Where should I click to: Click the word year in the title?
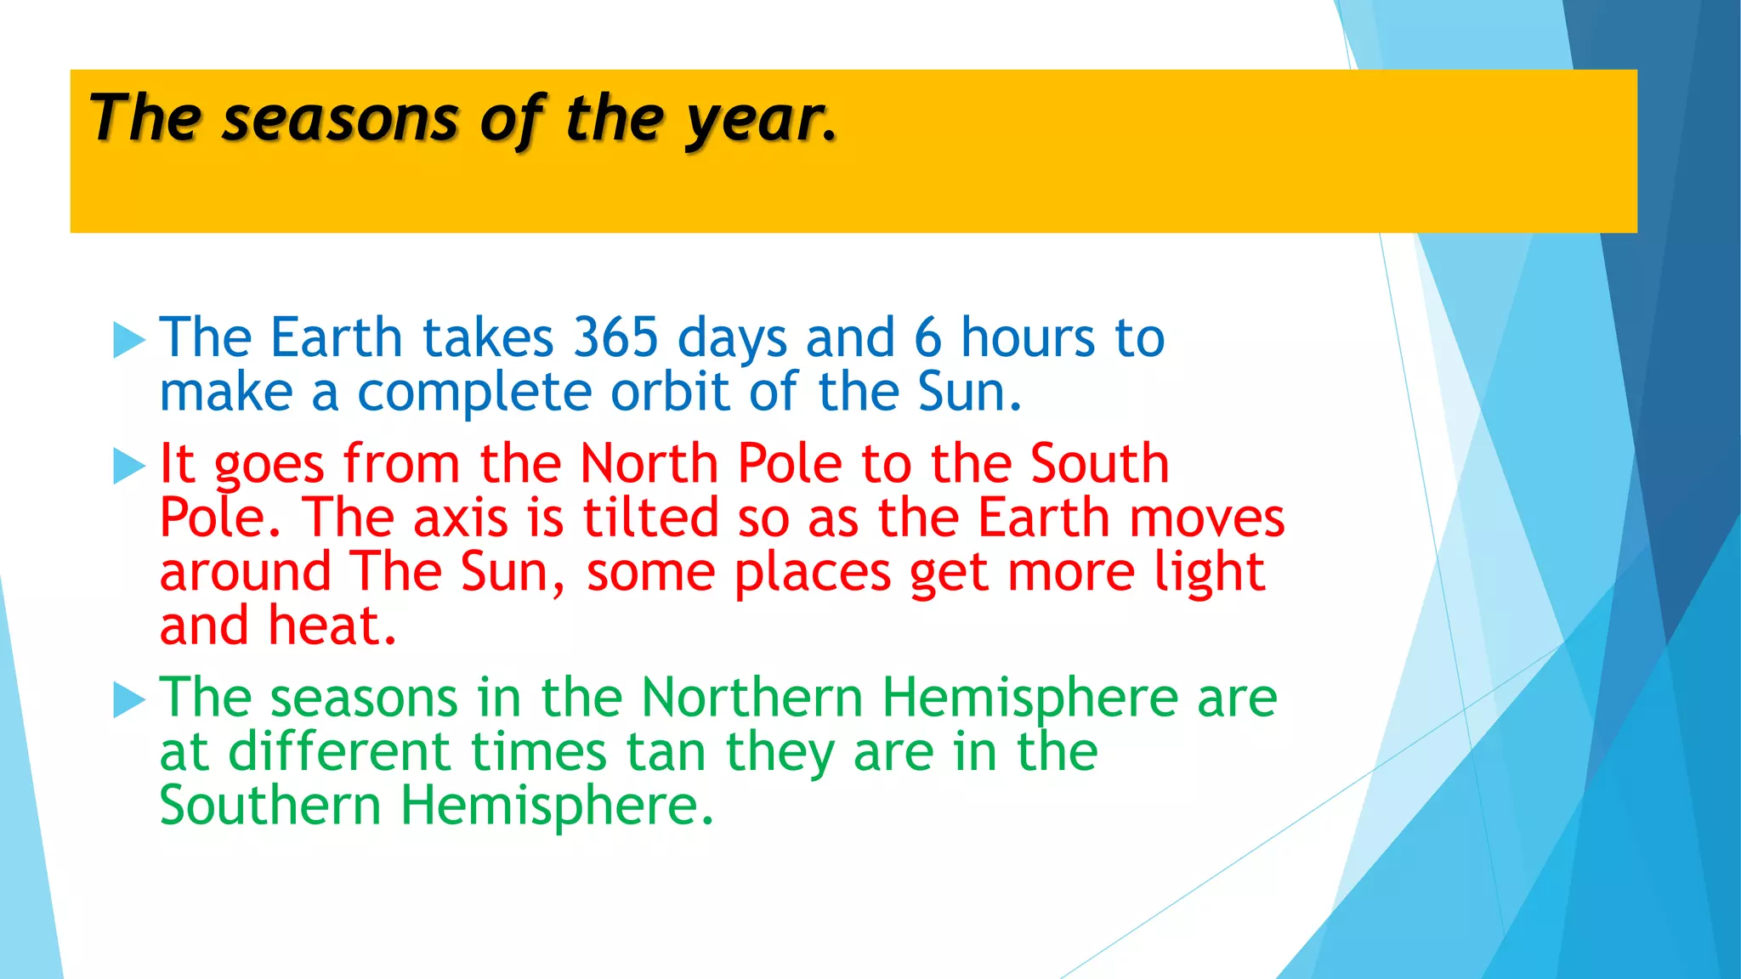(x=757, y=119)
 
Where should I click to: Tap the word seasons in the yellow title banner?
(x=340, y=119)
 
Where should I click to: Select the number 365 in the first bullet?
(x=616, y=338)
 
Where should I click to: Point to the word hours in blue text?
(x=1027, y=338)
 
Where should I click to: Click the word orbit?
(x=670, y=393)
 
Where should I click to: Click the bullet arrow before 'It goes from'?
(x=129, y=466)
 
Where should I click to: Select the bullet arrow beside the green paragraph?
(x=129, y=700)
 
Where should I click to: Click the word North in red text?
(x=649, y=464)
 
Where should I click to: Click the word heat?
(x=332, y=626)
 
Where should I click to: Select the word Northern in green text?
(x=751, y=699)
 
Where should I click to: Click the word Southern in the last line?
(x=270, y=806)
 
